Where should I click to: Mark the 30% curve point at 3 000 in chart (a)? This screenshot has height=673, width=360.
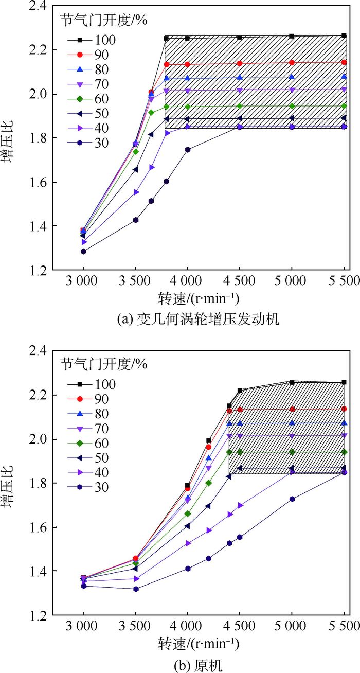tap(83, 252)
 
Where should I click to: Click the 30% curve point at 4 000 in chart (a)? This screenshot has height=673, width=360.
tap(188, 150)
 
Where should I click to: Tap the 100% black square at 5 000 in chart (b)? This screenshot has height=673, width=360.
tap(292, 382)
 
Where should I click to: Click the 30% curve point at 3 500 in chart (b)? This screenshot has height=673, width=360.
tap(136, 589)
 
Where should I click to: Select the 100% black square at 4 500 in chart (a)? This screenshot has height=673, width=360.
tap(240, 37)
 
